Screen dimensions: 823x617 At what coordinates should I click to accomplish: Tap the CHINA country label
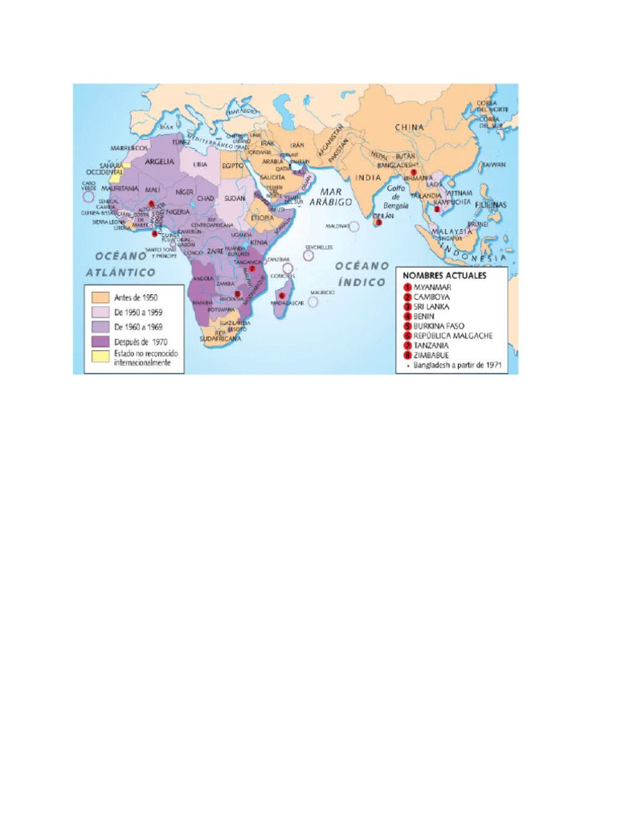[409, 127]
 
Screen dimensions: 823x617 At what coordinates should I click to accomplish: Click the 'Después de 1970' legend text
[141, 342]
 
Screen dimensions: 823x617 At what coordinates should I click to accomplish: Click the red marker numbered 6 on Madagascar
[281, 295]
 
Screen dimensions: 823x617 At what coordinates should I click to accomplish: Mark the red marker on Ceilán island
[378, 223]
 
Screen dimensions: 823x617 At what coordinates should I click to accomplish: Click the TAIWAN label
[493, 165]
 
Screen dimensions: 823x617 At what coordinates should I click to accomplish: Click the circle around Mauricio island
[313, 301]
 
